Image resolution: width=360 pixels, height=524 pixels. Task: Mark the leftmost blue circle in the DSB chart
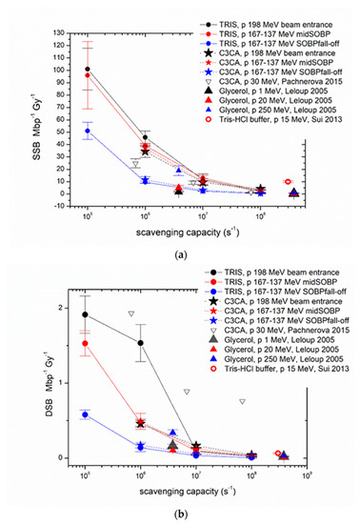coord(86,414)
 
